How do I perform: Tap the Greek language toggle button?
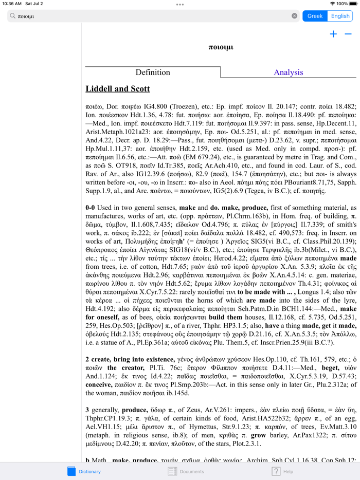click(x=315, y=16)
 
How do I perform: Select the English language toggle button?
click(x=340, y=16)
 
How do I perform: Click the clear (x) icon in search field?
click(x=294, y=16)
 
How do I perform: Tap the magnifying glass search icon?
click(x=13, y=16)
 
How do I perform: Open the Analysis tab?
click(x=288, y=72)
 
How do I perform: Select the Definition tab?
click(x=153, y=72)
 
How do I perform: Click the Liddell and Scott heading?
click(x=118, y=89)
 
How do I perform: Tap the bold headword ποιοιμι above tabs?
click(x=221, y=47)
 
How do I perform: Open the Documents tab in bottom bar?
click(x=186, y=471)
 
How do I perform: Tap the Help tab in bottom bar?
click(x=282, y=471)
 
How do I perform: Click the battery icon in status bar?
click(x=354, y=4)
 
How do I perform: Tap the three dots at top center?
click(x=179, y=4)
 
